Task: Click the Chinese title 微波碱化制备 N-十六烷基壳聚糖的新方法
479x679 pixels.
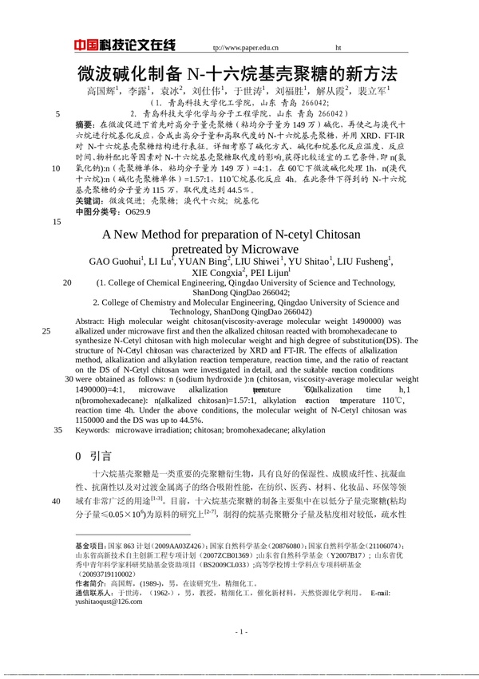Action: coord(237,74)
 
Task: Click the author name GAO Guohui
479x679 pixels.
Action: coord(113,261)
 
